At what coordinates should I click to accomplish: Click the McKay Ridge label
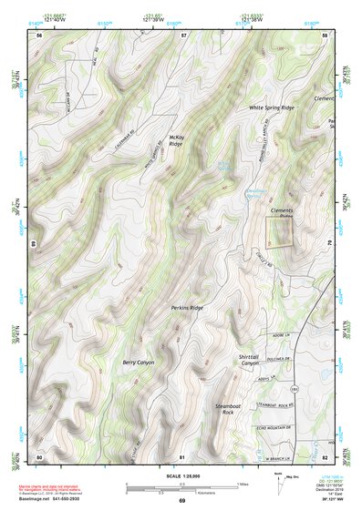coord(177,139)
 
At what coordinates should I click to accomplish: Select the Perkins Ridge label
coord(186,308)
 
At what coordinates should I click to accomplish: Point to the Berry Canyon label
coord(140,362)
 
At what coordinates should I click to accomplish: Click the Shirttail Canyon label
coord(250,360)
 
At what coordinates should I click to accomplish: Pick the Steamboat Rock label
coord(227,408)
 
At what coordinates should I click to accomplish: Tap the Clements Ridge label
coord(283,212)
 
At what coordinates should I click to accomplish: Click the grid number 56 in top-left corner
coord(39,34)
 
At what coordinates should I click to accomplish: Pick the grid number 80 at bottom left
coord(39,455)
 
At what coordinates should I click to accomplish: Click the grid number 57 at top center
coord(182,34)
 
